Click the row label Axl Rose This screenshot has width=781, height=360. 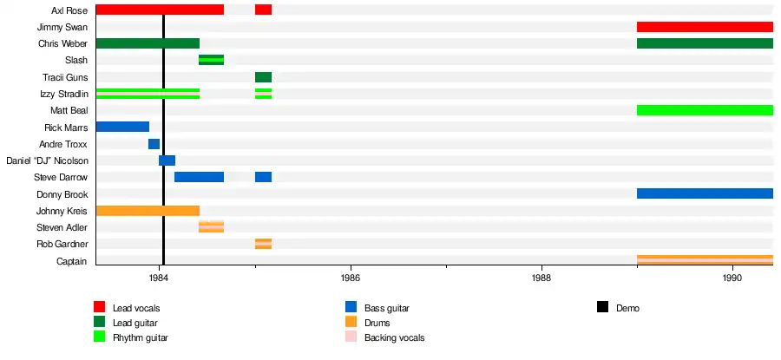click(x=69, y=10)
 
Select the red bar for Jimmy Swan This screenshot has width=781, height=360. click(x=705, y=27)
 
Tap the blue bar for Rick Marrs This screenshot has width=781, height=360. click(x=122, y=127)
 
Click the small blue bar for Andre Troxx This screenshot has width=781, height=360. click(x=154, y=144)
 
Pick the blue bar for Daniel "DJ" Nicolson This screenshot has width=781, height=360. click(x=167, y=160)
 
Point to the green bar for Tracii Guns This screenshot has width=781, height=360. click(x=263, y=77)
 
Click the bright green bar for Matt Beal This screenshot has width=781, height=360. click(x=705, y=110)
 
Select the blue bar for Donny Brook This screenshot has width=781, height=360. click(x=705, y=193)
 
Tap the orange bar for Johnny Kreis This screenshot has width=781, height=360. click(x=148, y=211)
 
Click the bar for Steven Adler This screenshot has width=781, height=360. click(x=211, y=227)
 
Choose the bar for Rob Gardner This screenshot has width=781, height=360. click(x=263, y=244)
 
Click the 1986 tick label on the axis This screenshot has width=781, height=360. click(x=350, y=278)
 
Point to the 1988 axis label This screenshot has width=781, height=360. click(x=541, y=278)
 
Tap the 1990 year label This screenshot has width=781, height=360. click(x=732, y=278)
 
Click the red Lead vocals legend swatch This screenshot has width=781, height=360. click(x=100, y=307)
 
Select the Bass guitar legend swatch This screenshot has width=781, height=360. click(x=351, y=307)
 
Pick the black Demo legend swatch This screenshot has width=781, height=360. click(x=602, y=307)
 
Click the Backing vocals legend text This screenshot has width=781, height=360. click(x=394, y=337)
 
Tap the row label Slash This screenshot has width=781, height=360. click(x=76, y=61)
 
